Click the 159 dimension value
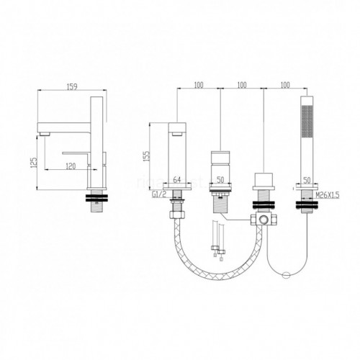pyautogui.click(x=72, y=86)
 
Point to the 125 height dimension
pyautogui.click(x=34, y=163)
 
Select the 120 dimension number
pyautogui.click(x=71, y=166)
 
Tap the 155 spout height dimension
pyautogui.click(x=147, y=156)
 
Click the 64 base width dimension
pyautogui.click(x=177, y=179)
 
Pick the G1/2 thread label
pyautogui.click(x=159, y=194)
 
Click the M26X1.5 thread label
pyautogui.click(x=328, y=195)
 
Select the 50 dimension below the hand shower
pyautogui.click(x=307, y=180)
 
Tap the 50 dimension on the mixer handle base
pyautogui.click(x=220, y=180)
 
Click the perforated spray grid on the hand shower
pyautogui.click(x=307, y=122)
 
